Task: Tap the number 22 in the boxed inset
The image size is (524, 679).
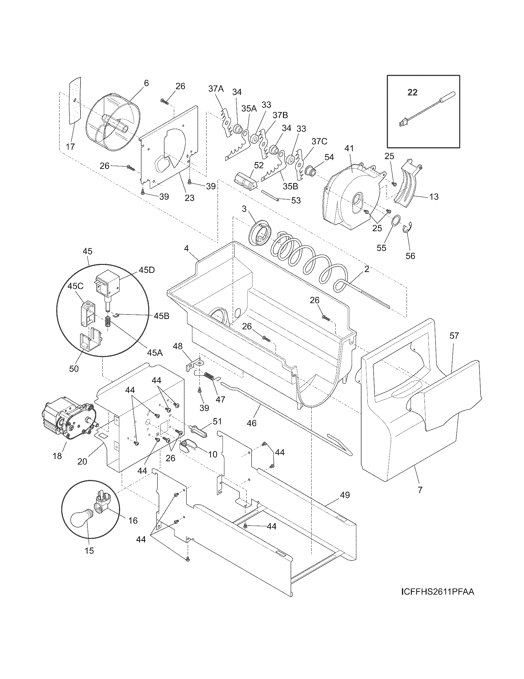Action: coord(412,92)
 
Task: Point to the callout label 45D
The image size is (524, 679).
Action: coord(146,270)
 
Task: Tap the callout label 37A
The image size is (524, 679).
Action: coord(216,89)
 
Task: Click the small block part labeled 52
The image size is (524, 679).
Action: coord(245,181)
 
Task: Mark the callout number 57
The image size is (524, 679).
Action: coord(454,335)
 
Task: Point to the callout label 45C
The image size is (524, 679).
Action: coord(76,286)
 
